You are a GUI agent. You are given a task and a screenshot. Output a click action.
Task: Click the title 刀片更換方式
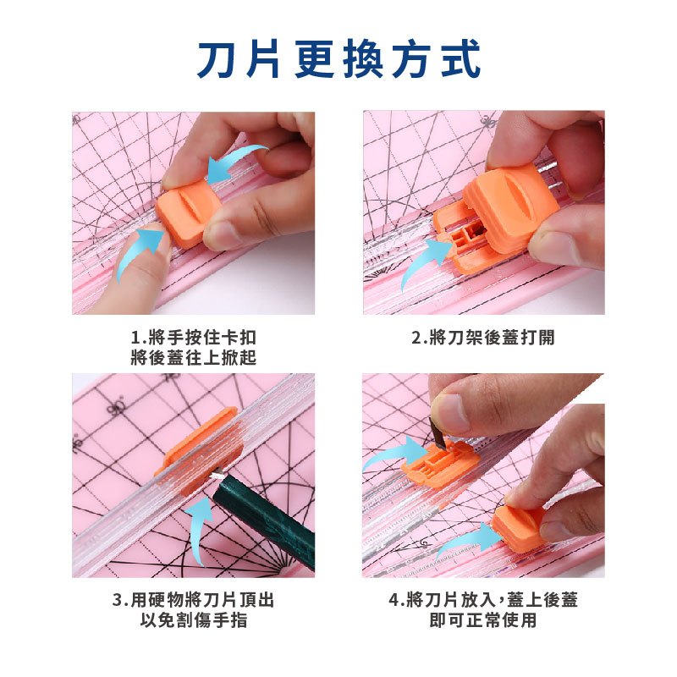tap(339, 59)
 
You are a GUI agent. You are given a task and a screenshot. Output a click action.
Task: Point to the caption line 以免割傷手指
tap(194, 620)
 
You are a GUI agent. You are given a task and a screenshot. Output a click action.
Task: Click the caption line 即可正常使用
tap(483, 620)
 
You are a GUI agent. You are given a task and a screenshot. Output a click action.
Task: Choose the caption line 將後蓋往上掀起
tap(194, 357)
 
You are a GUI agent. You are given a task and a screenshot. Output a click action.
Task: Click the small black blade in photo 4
tap(438, 432)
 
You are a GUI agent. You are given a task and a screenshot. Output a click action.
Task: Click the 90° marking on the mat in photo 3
tap(118, 407)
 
